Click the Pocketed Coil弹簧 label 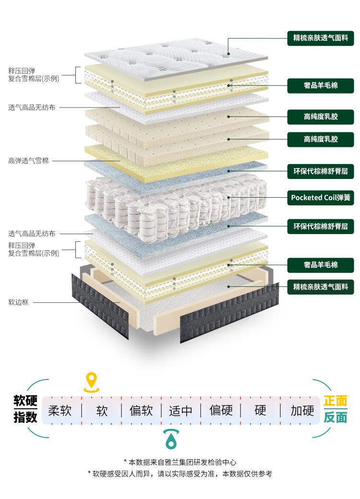[321, 197]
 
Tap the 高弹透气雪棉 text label [28, 161]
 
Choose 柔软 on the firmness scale [60, 411]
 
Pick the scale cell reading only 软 [102, 411]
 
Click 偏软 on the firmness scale [141, 411]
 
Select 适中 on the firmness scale [181, 411]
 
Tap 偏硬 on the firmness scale [221, 411]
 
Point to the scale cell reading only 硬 [260, 411]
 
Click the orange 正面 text [335, 401]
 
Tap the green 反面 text [335, 417]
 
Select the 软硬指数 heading [25, 409]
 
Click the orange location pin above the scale [91, 381]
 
